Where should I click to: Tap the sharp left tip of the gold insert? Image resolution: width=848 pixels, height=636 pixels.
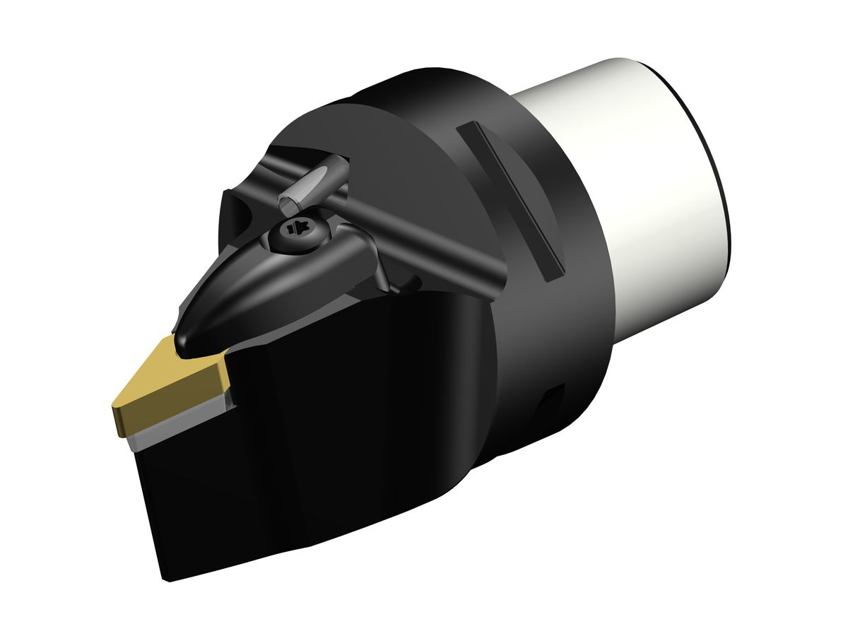pyautogui.click(x=113, y=406)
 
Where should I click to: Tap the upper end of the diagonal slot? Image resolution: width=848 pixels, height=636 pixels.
pyautogui.click(x=466, y=127)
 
